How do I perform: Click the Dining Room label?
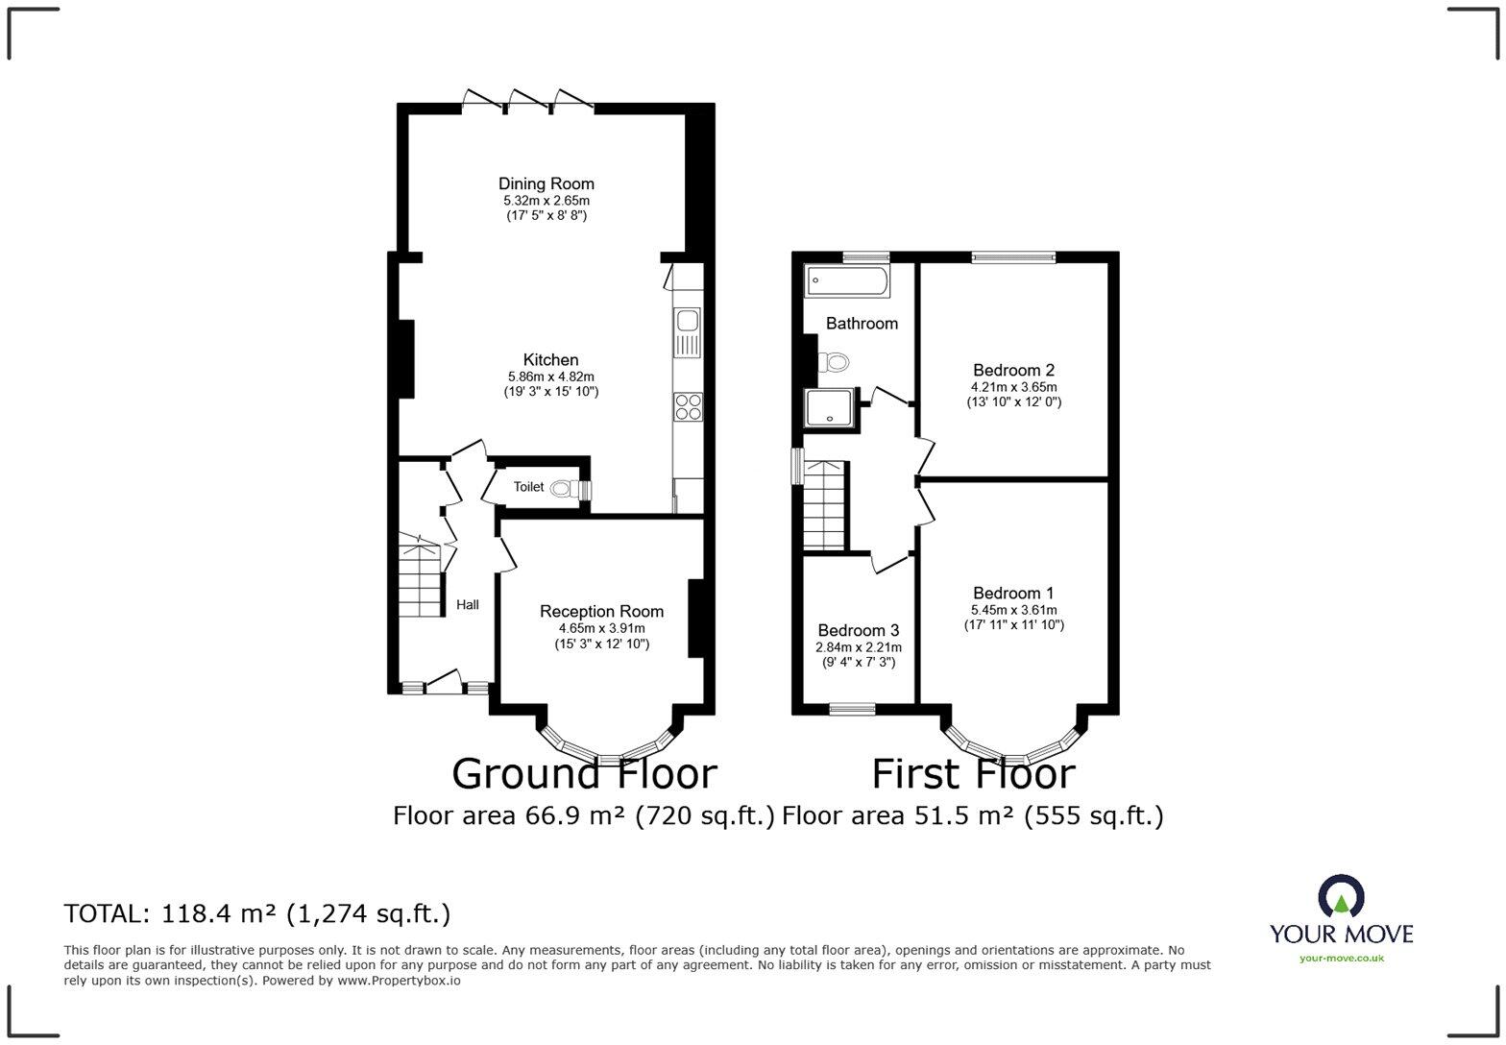[x=546, y=183]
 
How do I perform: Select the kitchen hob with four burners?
[x=688, y=406]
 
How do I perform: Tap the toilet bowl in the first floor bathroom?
[x=834, y=363]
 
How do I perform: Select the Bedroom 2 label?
[x=1013, y=370]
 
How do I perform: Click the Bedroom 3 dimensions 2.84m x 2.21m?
[x=858, y=647]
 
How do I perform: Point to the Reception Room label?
[x=601, y=611]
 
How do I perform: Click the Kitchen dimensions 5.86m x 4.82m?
[x=550, y=377]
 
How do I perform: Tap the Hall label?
[x=467, y=604]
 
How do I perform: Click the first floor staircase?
[x=824, y=506]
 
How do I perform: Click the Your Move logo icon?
[x=1341, y=895]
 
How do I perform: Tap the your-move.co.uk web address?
[x=1341, y=958]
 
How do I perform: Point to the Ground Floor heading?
[x=584, y=773]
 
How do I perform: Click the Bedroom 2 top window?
[x=1013, y=256]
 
